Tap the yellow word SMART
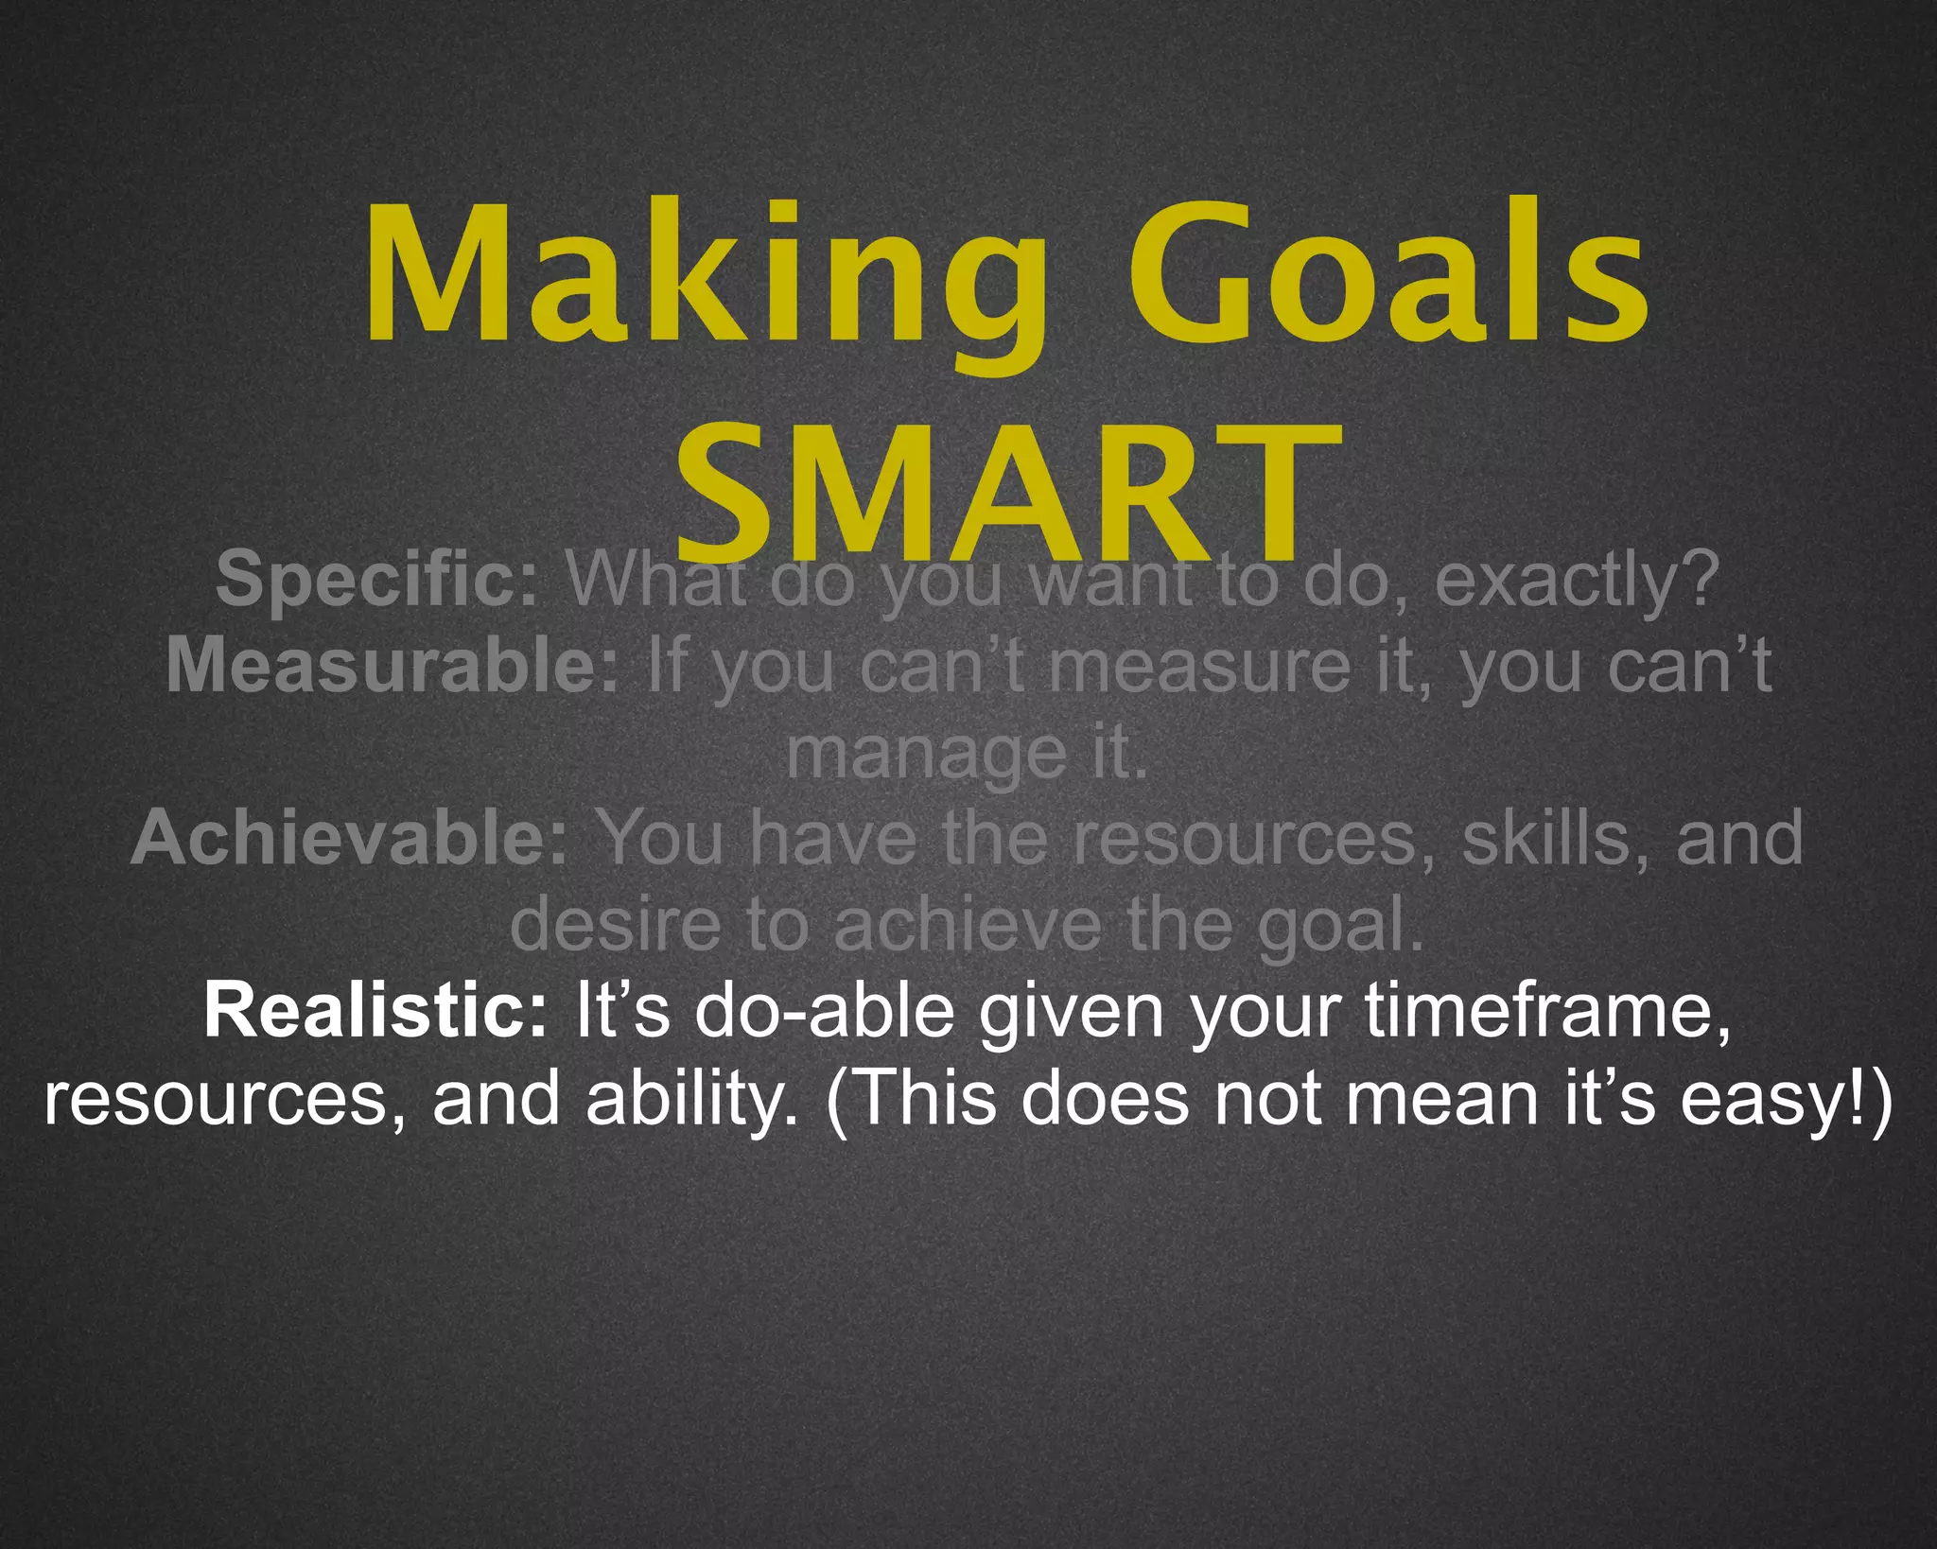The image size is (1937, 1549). pos(1007,492)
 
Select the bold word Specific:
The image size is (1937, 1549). pos(377,579)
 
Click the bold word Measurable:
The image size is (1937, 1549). pos(393,666)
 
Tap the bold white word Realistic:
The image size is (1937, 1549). pos(375,1011)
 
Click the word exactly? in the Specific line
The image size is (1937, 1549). pos(1576,579)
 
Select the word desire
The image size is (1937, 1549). pos(615,924)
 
